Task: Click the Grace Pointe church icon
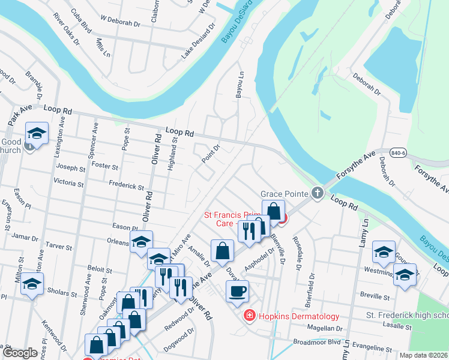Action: click(318, 193)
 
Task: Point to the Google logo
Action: click(20, 353)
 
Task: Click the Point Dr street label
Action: click(212, 148)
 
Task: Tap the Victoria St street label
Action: click(69, 181)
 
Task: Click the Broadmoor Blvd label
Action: click(316, 341)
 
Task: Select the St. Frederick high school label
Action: click(407, 315)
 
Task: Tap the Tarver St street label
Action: click(58, 247)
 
